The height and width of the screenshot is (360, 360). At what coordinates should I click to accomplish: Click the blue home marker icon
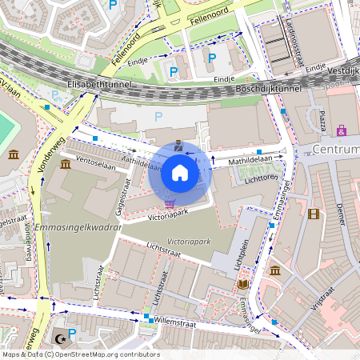pyautogui.click(x=180, y=173)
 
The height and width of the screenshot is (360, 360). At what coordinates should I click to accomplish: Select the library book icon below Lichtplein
pyautogui.click(x=243, y=284)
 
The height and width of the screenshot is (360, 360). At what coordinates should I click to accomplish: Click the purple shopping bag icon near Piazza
pyautogui.click(x=342, y=130)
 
